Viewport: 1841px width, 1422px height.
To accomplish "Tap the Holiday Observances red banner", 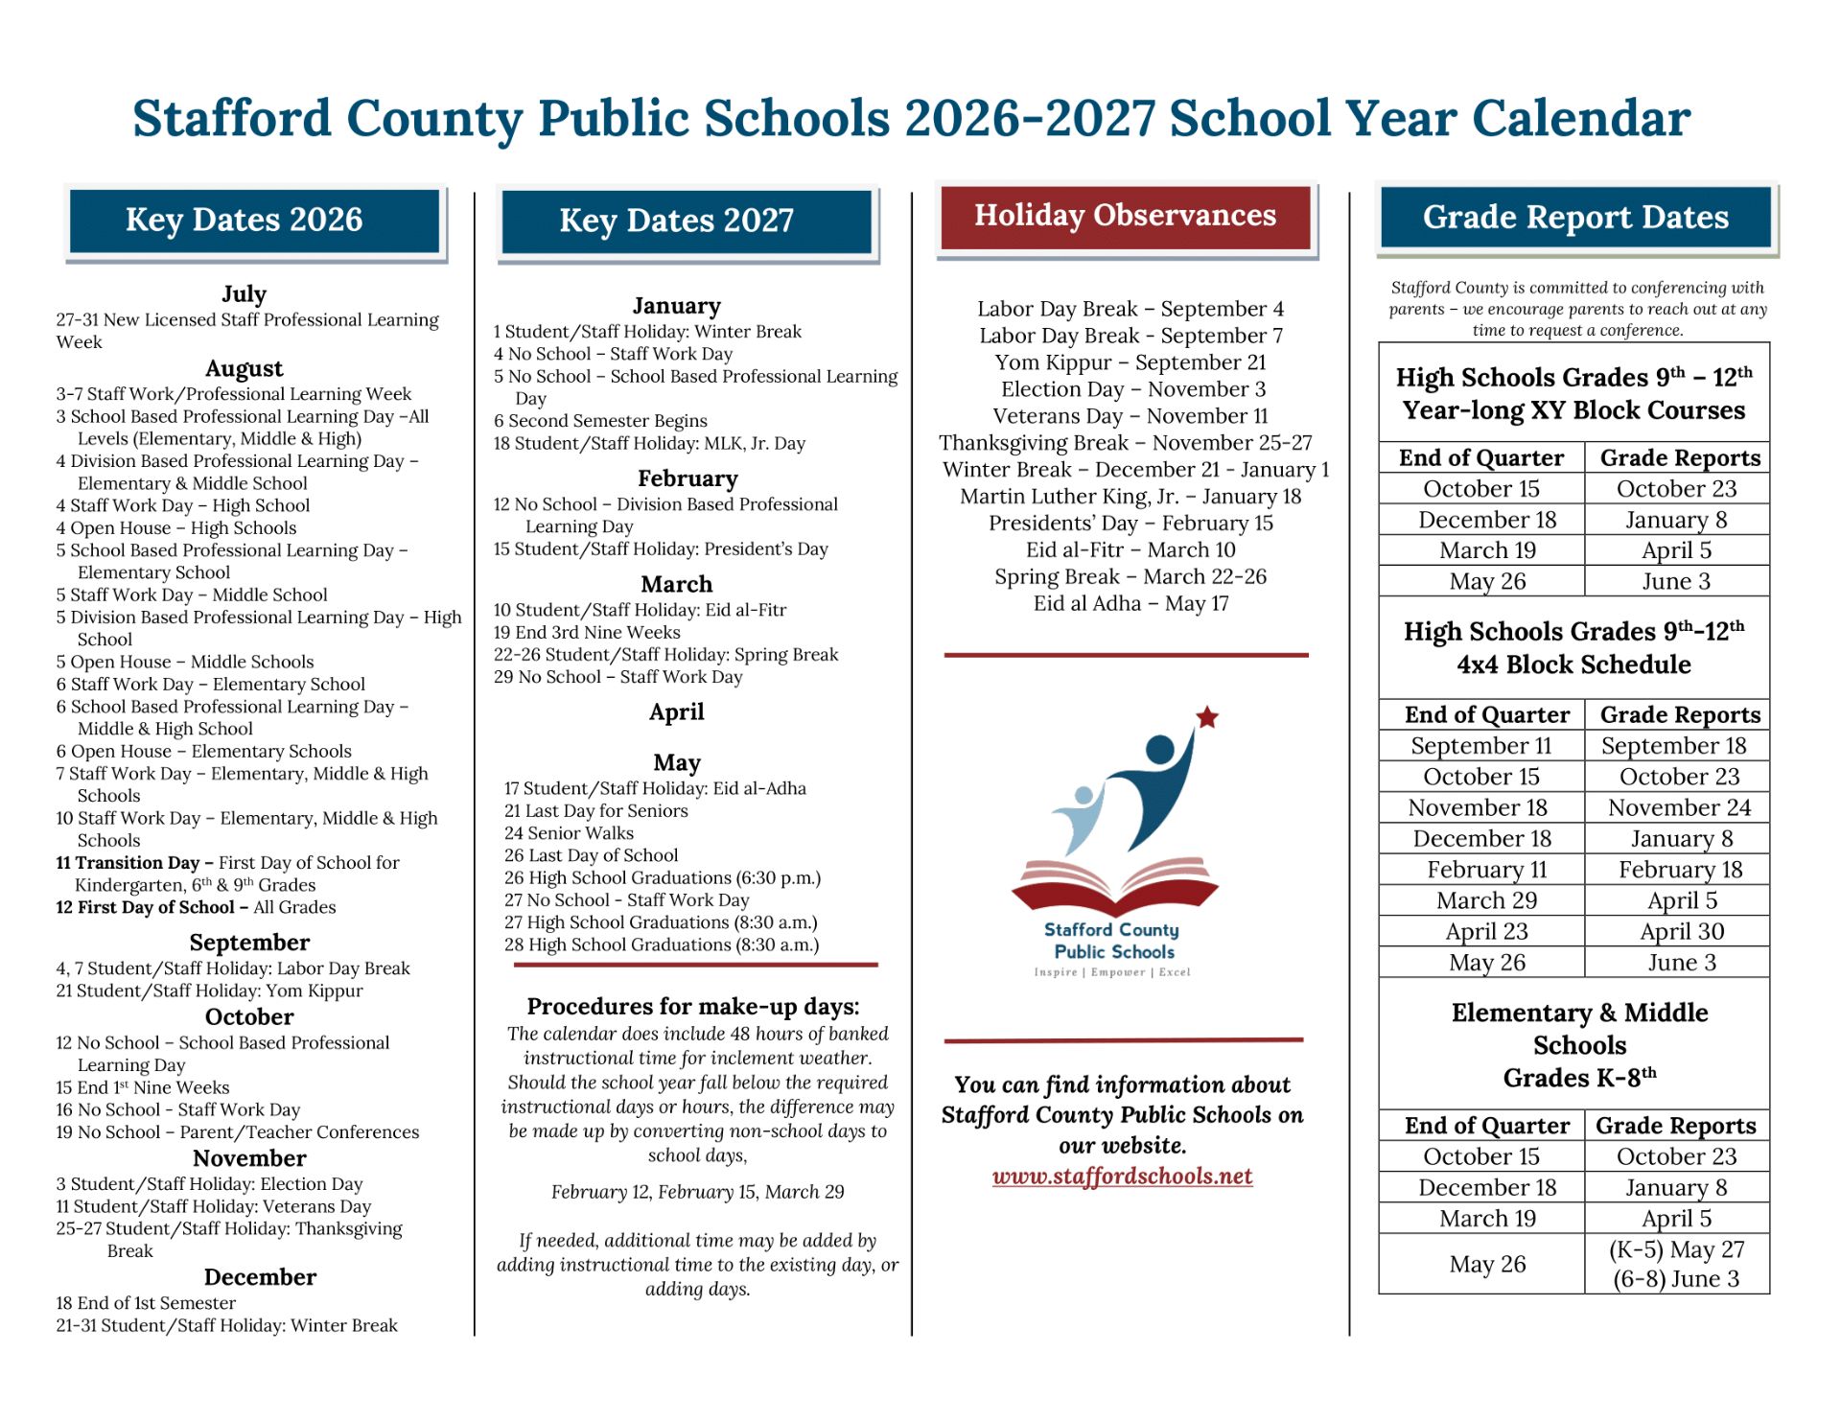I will pos(1125,217).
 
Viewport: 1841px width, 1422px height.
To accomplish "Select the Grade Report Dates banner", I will pos(1575,218).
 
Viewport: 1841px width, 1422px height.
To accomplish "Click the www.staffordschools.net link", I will pos(1122,1177).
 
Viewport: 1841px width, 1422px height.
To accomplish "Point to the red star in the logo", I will pos(1207,717).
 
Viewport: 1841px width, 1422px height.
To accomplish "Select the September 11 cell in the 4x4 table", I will pos(1480,746).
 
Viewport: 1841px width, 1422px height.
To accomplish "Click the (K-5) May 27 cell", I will pos(1676,1250).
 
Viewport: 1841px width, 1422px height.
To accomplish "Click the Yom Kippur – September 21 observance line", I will pos(1130,362).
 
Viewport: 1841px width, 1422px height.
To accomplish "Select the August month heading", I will pos(244,369).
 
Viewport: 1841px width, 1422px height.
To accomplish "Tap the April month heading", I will pos(676,712).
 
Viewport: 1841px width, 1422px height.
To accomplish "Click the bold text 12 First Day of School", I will pos(145,908).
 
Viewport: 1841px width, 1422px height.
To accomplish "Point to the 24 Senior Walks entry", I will pos(569,833).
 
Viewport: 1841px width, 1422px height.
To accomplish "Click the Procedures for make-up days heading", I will pos(692,1007).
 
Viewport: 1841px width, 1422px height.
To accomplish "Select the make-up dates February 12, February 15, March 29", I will pos(697,1193).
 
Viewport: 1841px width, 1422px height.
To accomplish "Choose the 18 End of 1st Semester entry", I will pos(146,1304).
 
